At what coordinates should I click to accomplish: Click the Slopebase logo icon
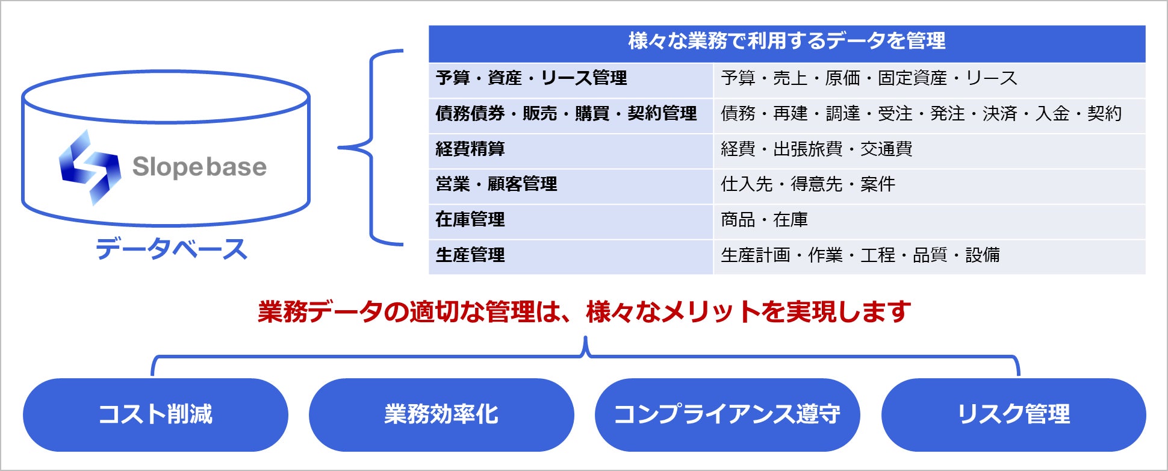pos(90,167)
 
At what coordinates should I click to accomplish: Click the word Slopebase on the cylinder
pos(199,167)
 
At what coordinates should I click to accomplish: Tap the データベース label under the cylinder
pos(172,249)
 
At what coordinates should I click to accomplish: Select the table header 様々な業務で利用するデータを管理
pos(786,41)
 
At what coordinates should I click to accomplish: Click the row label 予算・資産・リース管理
pos(531,78)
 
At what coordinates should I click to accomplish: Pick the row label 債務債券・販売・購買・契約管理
pos(566,113)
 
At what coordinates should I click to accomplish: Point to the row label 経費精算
pos(470,149)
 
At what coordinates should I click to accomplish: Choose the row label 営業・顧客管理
pos(496,184)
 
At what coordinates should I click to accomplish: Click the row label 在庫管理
pos(470,219)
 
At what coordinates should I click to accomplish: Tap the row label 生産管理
pos(470,255)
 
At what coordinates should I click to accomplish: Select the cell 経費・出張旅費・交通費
pos(816,149)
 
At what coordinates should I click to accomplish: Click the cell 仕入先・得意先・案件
pos(808,184)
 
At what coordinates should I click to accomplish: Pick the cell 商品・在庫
pos(764,219)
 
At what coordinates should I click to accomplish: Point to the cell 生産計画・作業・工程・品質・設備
pos(860,255)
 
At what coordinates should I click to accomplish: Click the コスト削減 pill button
pos(155,414)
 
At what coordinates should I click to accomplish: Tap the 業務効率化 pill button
pos(441,414)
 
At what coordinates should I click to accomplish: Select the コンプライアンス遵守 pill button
pos(727,414)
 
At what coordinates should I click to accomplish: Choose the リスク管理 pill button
pos(1013,414)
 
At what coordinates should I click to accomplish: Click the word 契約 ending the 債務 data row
pos(1104,113)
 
